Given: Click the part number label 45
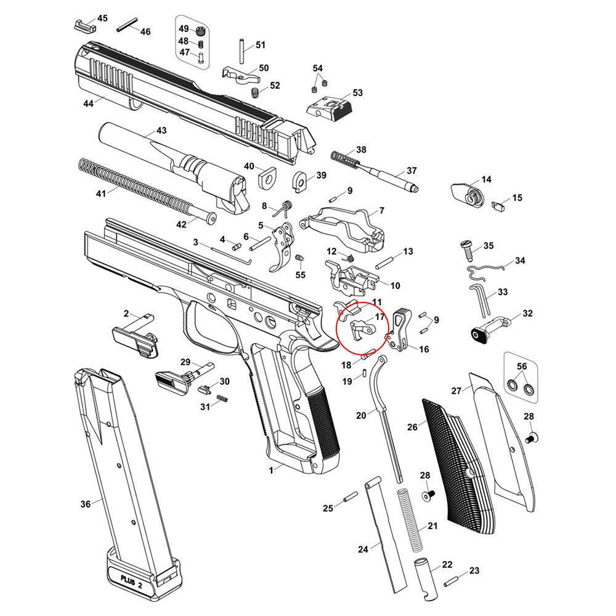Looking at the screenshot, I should click(102, 18).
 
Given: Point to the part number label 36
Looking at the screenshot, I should click(86, 504).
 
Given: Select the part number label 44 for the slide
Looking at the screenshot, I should click(89, 103).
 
